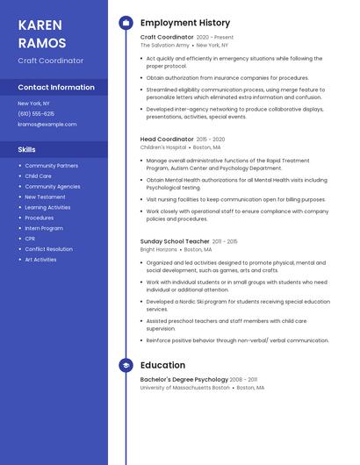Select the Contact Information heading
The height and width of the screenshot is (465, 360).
click(56, 88)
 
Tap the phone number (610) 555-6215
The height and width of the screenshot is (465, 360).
click(36, 114)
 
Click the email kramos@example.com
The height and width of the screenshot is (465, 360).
click(47, 125)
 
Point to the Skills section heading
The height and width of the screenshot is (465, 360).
click(27, 150)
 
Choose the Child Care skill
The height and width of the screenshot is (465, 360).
click(38, 175)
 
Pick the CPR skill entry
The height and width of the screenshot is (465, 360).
click(30, 239)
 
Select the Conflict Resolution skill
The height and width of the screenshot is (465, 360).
click(48, 249)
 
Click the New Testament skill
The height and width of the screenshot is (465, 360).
click(45, 197)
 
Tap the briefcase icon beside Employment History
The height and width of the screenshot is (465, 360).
click(126, 23)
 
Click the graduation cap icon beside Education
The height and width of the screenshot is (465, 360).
click(126, 365)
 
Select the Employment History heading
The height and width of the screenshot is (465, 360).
click(185, 23)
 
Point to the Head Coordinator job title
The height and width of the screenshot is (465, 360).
click(167, 139)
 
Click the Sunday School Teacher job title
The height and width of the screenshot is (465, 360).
click(175, 241)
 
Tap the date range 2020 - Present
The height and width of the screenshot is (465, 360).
click(215, 38)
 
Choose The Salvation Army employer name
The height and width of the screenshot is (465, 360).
click(164, 45)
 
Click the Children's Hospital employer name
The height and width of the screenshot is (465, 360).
click(163, 147)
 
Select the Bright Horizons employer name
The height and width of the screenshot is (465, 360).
click(158, 249)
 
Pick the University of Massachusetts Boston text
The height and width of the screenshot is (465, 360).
click(184, 387)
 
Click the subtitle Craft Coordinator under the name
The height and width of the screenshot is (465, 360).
click(51, 61)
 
